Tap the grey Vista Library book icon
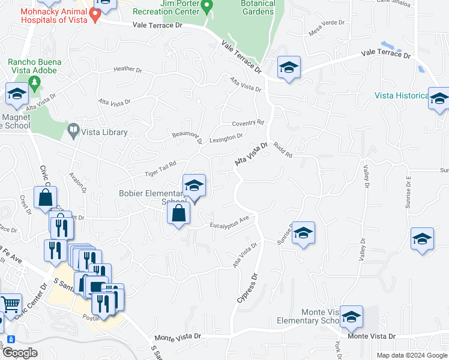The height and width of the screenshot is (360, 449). [x=73, y=129]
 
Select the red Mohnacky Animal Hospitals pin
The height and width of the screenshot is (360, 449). [x=94, y=14]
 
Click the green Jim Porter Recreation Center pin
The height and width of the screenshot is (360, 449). [x=207, y=7]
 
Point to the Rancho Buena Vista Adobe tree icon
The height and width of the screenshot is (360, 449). [x=35, y=83]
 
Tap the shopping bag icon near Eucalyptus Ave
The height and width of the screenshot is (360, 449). [x=179, y=212]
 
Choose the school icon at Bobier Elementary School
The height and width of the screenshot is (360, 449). [x=194, y=186]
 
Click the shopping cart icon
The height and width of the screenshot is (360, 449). [x=10, y=304]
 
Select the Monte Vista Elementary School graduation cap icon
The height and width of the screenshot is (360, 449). [x=351, y=316]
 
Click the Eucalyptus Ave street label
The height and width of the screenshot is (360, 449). [x=229, y=223]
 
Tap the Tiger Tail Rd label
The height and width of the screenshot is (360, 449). [x=160, y=169]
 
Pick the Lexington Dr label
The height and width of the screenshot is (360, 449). [x=226, y=137]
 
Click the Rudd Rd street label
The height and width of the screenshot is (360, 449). [x=282, y=150]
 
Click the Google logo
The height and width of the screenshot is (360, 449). [x=19, y=353]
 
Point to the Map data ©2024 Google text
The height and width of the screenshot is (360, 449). [x=411, y=355]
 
